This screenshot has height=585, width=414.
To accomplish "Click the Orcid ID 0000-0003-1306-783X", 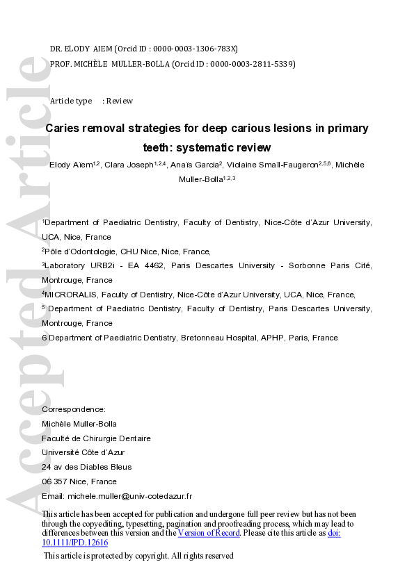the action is [x=198, y=49].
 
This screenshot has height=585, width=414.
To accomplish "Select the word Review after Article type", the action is [x=119, y=101].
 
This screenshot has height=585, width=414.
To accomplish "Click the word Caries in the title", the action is [x=64, y=129].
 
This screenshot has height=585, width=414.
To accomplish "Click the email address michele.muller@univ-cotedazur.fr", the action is [x=129, y=496].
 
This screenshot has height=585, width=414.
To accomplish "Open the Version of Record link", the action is [x=209, y=533].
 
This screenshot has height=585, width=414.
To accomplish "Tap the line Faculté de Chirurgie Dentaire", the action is [x=96, y=438].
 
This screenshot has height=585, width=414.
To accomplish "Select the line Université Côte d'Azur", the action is [x=83, y=452].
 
